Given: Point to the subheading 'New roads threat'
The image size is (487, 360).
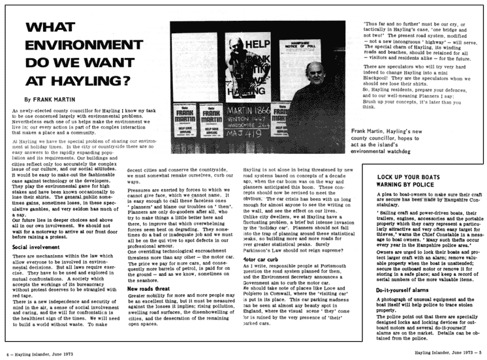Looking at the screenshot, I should (151, 306).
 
